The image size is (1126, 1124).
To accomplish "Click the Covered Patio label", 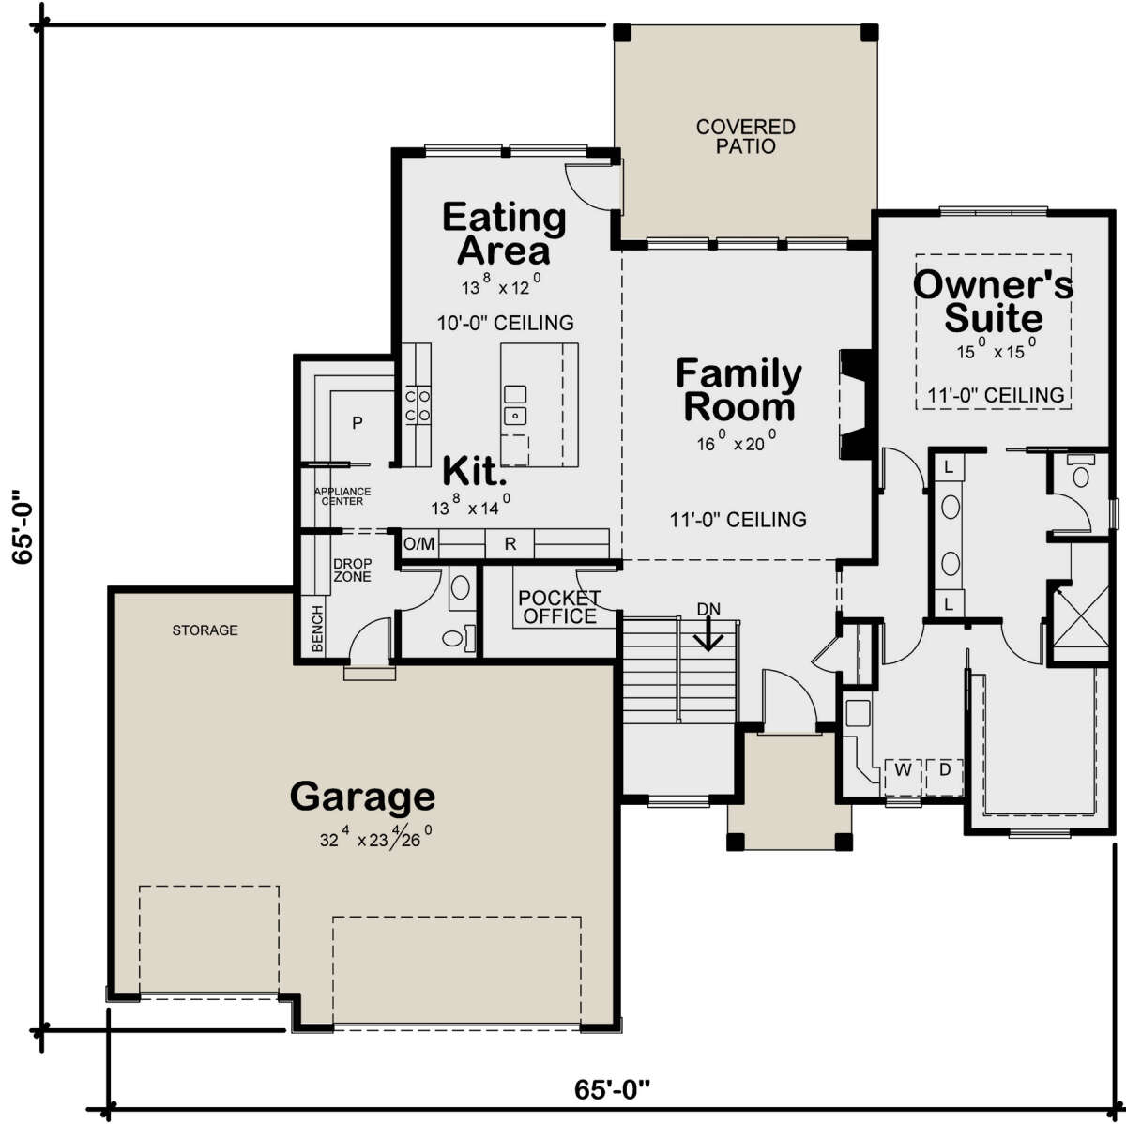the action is click(x=745, y=136).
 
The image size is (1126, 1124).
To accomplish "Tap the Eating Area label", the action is click(x=504, y=234).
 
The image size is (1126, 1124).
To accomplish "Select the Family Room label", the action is click(x=739, y=390).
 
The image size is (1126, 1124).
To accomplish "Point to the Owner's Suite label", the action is click(x=993, y=301).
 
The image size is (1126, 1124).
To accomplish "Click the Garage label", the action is click(x=362, y=797).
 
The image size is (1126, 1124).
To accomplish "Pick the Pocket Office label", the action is click(x=559, y=607).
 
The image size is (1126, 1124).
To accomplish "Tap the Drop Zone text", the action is click(x=352, y=570).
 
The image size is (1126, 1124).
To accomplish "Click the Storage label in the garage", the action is click(x=205, y=630).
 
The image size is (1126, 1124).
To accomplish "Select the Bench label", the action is click(x=317, y=629).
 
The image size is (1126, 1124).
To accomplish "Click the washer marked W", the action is click(x=904, y=770).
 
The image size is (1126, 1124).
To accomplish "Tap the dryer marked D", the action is click(x=944, y=770).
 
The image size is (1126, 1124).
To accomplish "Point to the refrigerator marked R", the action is click(x=510, y=543).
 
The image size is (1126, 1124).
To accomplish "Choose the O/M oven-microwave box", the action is click(x=419, y=544).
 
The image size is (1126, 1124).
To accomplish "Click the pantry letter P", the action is click(x=357, y=422).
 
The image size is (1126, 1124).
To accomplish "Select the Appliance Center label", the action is click(x=342, y=496).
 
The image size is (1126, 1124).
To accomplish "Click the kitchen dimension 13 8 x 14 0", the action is click(x=471, y=505).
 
